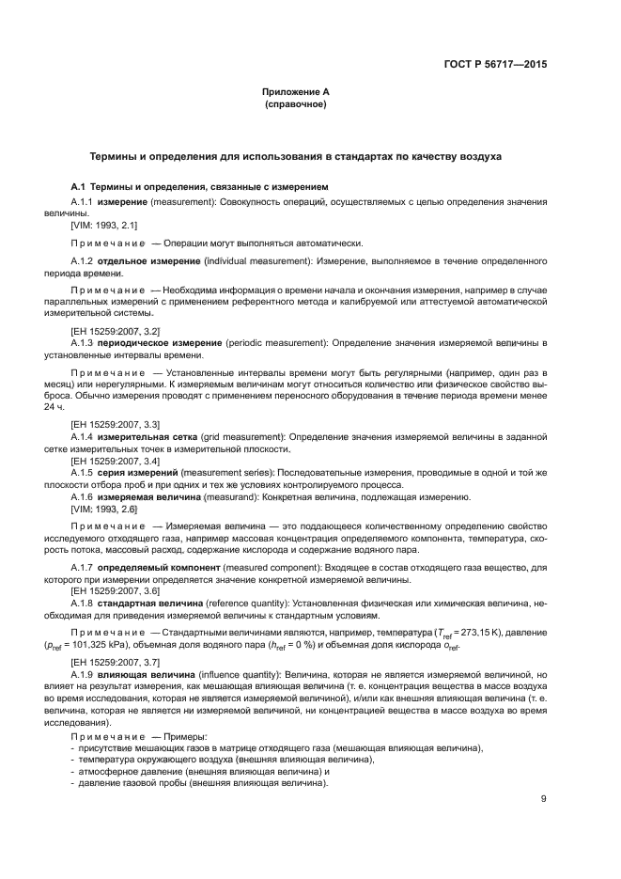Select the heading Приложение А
[x=296, y=92]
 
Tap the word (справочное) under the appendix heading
[x=296, y=104]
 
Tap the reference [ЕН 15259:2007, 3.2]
[x=115, y=332]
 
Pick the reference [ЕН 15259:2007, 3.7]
[x=115, y=662]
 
